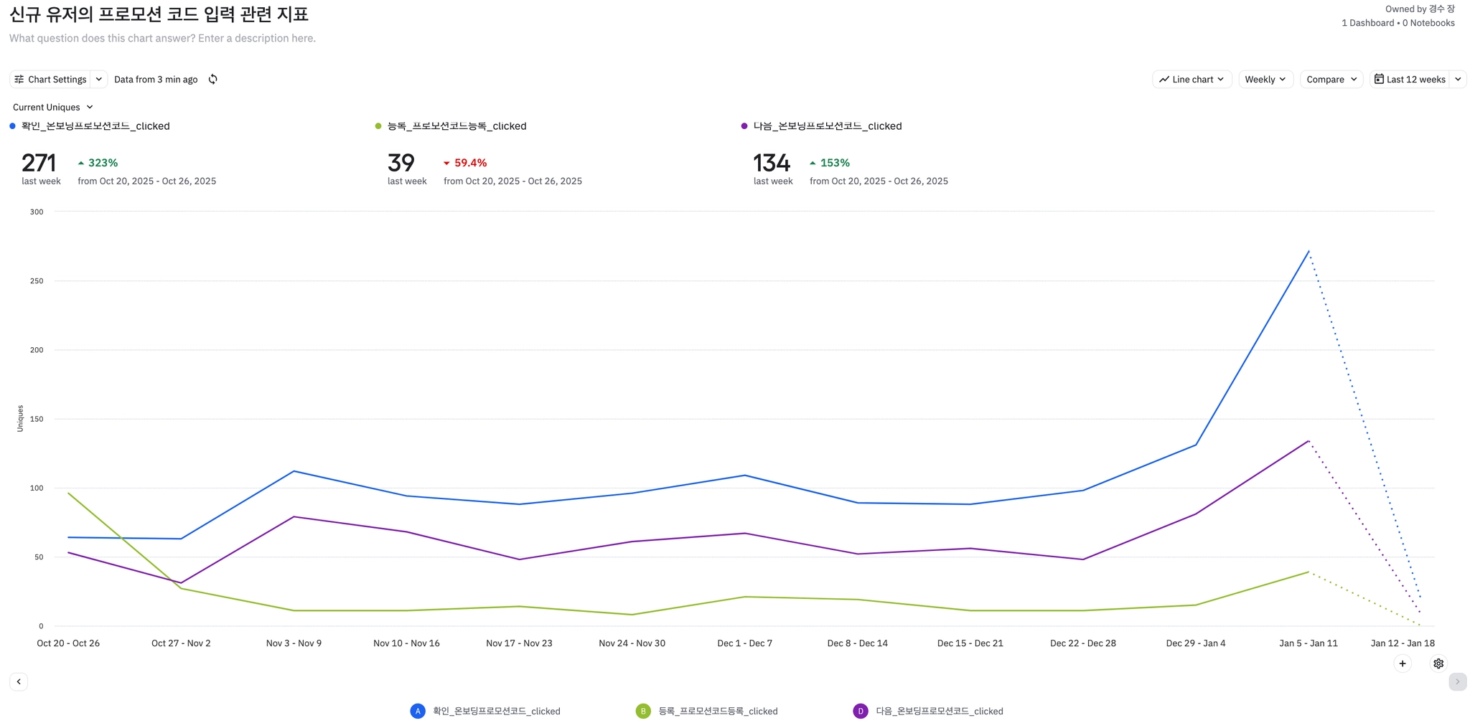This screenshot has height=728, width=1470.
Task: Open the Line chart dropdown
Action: [1192, 80]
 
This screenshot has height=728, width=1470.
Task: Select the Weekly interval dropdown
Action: [1265, 80]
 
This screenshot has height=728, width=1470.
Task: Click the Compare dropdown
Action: [1331, 80]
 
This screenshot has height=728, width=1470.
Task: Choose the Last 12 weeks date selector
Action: [1410, 80]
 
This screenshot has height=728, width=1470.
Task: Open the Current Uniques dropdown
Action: [53, 108]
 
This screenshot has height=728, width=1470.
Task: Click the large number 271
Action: [39, 163]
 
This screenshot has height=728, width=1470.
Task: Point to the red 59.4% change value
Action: [470, 164]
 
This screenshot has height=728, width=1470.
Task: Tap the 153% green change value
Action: [835, 164]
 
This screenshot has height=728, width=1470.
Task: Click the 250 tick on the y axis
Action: [37, 281]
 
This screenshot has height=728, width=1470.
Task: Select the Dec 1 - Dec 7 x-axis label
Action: [744, 643]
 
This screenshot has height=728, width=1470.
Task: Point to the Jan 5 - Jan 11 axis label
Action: [1308, 643]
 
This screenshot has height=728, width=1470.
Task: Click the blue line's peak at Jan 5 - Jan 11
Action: [1309, 251]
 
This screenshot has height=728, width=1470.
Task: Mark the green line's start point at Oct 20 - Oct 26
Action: [68, 493]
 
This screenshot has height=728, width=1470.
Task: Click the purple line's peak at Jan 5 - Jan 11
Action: [1309, 441]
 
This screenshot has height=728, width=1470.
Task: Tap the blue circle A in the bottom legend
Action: [418, 711]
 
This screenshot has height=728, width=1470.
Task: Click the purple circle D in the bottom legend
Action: [860, 711]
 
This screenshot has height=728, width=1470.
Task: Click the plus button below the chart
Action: [1402, 663]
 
